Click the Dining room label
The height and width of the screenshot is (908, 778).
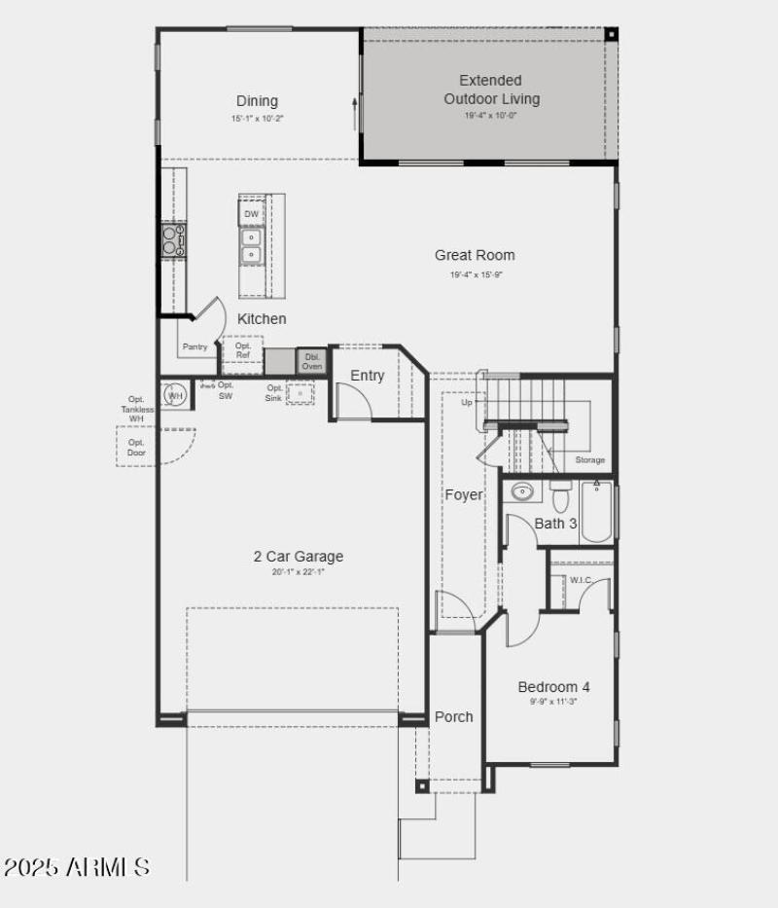point(257,101)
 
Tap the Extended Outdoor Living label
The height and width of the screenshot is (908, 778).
point(491,90)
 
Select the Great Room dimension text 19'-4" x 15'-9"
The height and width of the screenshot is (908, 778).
point(476,275)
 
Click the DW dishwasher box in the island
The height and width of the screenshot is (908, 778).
point(252,214)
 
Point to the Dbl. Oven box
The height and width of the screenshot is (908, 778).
point(312,361)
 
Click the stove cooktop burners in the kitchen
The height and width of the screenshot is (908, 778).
point(174,239)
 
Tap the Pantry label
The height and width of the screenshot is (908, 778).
point(194,346)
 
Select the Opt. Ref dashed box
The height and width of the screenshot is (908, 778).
point(243,351)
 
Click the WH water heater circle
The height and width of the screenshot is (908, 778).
point(176,395)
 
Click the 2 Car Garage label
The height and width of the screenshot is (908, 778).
point(299,557)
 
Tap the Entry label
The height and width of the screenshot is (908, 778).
point(368,376)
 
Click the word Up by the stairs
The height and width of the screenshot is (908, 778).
point(467,402)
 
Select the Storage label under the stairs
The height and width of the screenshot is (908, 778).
point(589,460)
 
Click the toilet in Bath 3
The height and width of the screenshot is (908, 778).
point(560,498)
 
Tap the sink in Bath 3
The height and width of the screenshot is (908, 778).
point(522,490)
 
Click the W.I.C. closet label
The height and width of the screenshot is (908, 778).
point(581,581)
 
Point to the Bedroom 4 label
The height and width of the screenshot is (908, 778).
point(553,686)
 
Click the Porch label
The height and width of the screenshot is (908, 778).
point(453,716)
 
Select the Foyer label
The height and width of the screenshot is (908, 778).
point(464,494)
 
